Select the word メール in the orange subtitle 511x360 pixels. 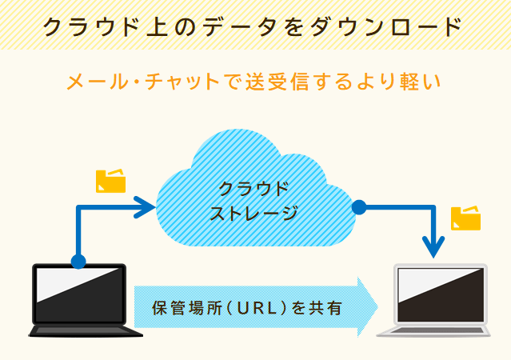(x=97, y=81)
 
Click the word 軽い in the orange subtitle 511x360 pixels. (x=420, y=81)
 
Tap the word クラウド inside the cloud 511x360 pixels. (x=254, y=188)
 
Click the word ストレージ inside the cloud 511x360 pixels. (x=254, y=213)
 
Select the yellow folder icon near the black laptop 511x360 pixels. (x=111, y=181)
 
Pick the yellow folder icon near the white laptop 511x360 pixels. (x=465, y=218)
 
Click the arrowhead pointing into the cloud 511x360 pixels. (x=146, y=207)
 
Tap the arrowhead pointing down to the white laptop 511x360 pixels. (x=433, y=247)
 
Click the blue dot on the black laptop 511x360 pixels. (x=78, y=261)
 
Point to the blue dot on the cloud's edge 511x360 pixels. (x=359, y=207)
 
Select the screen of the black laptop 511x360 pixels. (x=79, y=294)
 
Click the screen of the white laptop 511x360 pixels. (x=441, y=294)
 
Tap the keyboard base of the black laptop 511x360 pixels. (x=86, y=330)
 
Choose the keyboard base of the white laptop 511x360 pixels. (x=433, y=330)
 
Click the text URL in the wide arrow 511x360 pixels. (x=257, y=308)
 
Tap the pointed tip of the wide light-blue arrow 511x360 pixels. (x=377, y=307)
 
